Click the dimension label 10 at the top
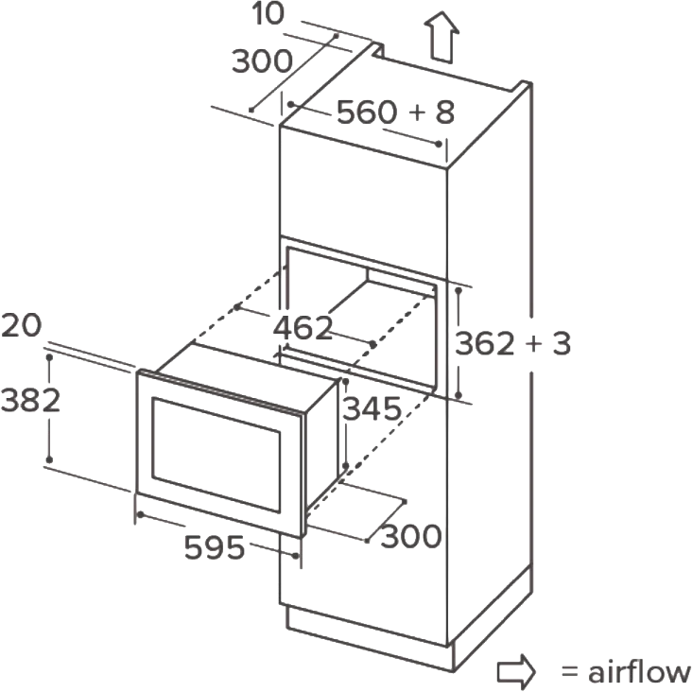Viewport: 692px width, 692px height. pyautogui.click(x=268, y=13)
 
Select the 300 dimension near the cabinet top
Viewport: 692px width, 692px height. pyautogui.click(x=262, y=61)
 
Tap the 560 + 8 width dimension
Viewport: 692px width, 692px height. pyautogui.click(x=395, y=112)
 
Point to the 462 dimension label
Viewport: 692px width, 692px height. pyautogui.click(x=303, y=328)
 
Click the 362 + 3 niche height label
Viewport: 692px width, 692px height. pyautogui.click(x=512, y=343)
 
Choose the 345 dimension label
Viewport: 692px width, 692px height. pyautogui.click(x=372, y=408)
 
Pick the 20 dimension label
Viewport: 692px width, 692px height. pyautogui.click(x=21, y=326)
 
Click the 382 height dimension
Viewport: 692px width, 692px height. pyautogui.click(x=30, y=401)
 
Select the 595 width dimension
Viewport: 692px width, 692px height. pyautogui.click(x=215, y=547)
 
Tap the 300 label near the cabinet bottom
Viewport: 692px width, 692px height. pyautogui.click(x=411, y=536)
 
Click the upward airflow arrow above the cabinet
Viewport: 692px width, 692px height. pyautogui.click(x=441, y=38)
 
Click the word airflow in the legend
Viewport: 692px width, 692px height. pyautogui.click(x=639, y=672)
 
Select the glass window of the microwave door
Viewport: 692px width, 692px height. pyautogui.click(x=216, y=456)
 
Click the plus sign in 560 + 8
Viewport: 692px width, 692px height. pyautogui.click(x=417, y=112)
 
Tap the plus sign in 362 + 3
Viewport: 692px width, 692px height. pyautogui.click(x=534, y=344)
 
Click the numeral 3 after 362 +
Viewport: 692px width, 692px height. pyautogui.click(x=562, y=343)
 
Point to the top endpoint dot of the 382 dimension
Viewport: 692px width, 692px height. pyautogui.click(x=49, y=356)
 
